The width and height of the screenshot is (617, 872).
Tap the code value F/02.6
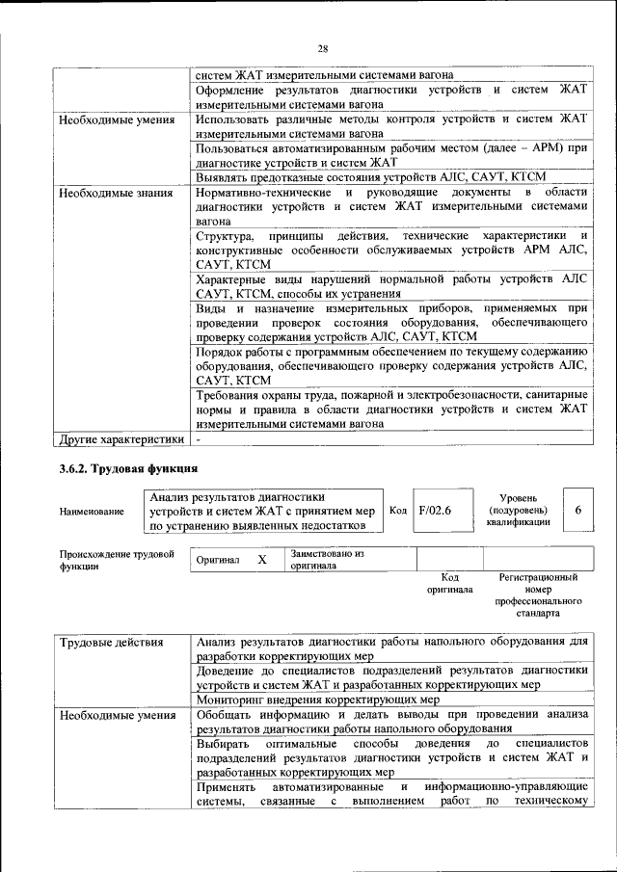pos(435,510)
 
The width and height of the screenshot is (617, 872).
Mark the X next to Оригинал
pos(260,560)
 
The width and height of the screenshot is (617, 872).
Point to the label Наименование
pos(92,511)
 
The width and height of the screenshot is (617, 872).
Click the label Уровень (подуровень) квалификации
pos(519,509)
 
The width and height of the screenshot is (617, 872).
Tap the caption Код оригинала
pos(448,583)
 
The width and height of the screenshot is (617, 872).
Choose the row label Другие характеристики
pos(121,440)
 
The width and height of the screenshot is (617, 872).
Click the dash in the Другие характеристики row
pos(199,440)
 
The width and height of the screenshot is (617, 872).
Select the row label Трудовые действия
pos(111,642)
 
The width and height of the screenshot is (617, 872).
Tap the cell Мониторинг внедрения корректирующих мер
pos(317,699)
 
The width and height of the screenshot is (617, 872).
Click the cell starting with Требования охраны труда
pos(389,409)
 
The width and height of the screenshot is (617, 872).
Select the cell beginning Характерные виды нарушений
pos(389,286)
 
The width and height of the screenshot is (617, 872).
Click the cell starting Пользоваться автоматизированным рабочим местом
pos(389,155)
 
